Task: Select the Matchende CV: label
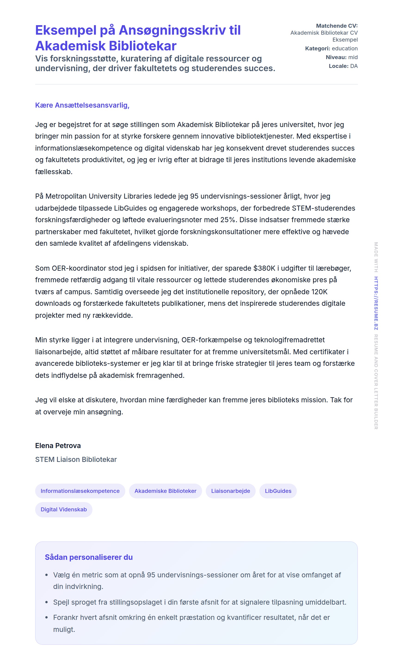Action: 337,26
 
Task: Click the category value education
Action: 344,49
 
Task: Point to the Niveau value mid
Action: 353,57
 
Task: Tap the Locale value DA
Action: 354,66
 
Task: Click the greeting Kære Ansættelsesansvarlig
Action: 82,105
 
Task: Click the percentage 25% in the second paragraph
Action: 228,220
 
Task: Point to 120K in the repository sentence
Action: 319,292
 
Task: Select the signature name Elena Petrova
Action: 58,446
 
